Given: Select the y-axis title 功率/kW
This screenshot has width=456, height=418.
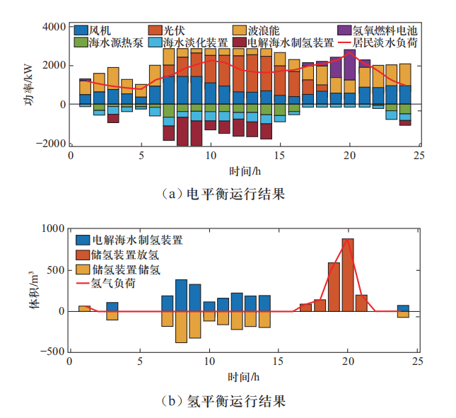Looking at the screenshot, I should point(30,85).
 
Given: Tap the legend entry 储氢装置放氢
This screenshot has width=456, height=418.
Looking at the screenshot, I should point(127,255).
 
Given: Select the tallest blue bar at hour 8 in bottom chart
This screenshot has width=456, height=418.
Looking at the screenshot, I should point(181,295).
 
